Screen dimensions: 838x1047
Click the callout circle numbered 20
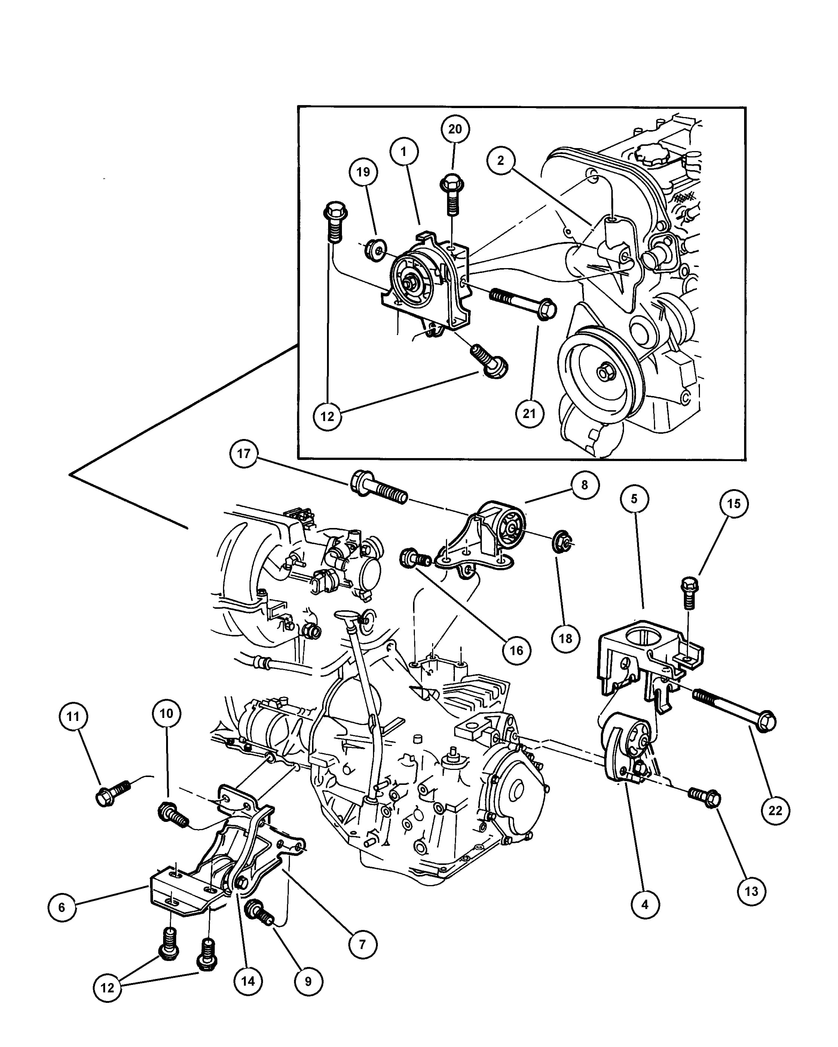pos(455,129)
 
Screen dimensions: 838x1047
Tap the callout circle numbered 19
pos(363,172)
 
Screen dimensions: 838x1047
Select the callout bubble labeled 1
pos(404,151)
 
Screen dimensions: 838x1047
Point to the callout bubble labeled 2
pos(501,160)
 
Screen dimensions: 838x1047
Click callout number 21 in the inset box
pos(529,414)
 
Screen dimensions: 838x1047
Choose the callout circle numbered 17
pos(244,454)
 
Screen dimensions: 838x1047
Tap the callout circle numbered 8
pos(584,485)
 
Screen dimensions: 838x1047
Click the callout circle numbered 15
pos(734,504)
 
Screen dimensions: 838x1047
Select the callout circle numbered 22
pos(775,811)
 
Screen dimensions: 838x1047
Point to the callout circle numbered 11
pos(73,716)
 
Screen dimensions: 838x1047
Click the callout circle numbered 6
pos(62,907)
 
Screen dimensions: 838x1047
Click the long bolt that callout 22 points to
pos(734,710)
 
